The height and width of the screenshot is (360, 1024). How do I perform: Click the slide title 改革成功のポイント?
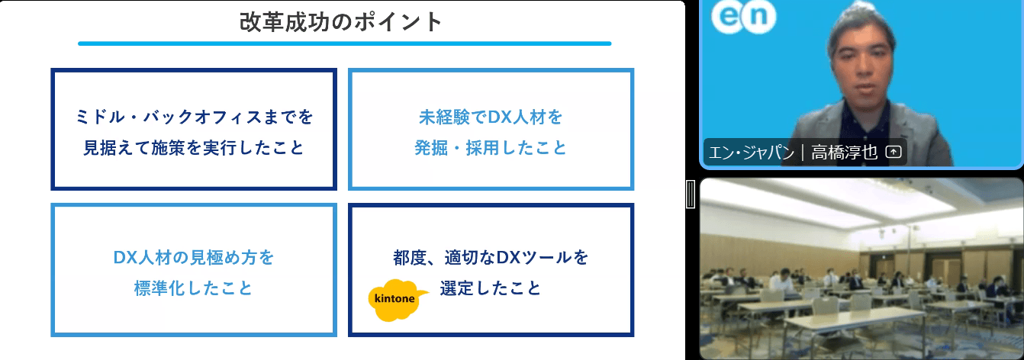(x=340, y=21)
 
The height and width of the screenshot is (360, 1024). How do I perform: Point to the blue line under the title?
(x=344, y=43)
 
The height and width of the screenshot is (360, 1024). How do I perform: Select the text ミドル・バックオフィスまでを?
(x=194, y=117)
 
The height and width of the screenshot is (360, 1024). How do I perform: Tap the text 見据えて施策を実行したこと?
(x=194, y=148)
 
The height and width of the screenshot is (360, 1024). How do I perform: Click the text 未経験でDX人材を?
(x=491, y=117)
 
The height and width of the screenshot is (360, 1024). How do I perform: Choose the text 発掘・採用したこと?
(x=491, y=148)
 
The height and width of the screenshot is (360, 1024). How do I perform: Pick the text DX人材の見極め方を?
(x=194, y=258)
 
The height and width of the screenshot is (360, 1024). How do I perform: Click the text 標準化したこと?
(x=194, y=289)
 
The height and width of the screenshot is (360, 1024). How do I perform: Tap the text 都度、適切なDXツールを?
(x=491, y=258)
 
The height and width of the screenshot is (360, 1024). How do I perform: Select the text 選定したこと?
(x=491, y=289)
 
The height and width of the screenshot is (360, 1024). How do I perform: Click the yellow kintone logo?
(x=395, y=298)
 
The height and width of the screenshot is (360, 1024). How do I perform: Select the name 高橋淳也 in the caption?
(x=845, y=153)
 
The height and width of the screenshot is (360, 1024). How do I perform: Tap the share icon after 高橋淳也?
(x=894, y=153)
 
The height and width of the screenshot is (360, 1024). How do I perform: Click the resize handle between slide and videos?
(x=691, y=194)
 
